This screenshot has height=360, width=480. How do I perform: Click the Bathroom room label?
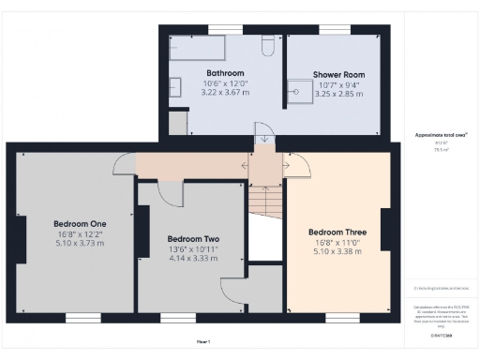225,73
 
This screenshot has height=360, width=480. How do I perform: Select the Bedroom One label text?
80,223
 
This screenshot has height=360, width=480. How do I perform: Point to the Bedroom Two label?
192,238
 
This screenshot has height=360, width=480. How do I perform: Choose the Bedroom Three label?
337,232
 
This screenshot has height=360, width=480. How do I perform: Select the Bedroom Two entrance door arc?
171,191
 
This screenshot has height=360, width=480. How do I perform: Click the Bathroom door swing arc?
264,137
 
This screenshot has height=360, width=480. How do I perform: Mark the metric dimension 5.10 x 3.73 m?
80,244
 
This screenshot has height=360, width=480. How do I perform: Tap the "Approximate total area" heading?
435,135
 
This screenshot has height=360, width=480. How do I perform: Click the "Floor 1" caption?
203,341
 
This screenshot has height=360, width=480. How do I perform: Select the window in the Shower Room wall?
336,28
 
